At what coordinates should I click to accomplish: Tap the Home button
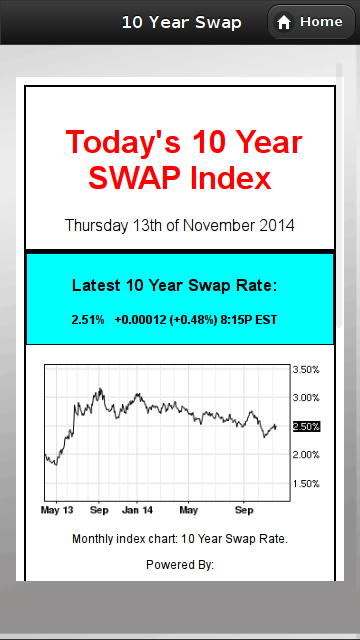309,22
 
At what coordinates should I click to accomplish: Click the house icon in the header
284,22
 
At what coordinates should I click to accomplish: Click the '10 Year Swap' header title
181,22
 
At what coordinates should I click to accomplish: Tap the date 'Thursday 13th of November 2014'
180,225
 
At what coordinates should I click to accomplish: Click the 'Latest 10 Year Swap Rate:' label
174,286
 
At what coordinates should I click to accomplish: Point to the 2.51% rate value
87,320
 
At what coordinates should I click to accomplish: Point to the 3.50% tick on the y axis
306,369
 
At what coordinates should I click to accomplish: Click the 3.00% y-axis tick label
306,398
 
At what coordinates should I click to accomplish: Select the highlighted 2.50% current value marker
306,426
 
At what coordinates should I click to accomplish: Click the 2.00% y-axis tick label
306,455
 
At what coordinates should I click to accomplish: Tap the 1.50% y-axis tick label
306,484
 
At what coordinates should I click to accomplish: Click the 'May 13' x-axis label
56,509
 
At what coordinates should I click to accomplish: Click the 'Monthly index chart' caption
180,539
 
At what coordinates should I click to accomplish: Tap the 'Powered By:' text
180,565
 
